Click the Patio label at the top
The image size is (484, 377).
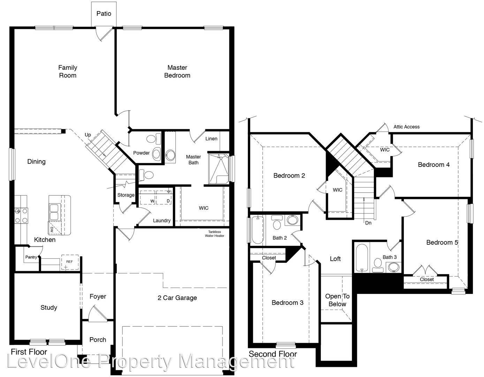[x=104, y=14]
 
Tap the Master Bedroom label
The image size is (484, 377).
[x=177, y=72]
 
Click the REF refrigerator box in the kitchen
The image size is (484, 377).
[x=70, y=262]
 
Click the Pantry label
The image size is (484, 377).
[x=31, y=257]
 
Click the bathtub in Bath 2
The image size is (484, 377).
[x=257, y=230]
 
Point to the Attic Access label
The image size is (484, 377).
[x=406, y=127]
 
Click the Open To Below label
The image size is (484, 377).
[x=337, y=300]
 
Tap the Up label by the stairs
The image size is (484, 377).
[x=88, y=135]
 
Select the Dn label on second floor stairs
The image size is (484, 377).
[x=368, y=223]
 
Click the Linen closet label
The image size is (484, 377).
[x=211, y=139]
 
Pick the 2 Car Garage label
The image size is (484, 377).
[x=177, y=298]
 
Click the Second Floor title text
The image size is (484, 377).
[x=273, y=354]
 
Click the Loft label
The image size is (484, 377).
[x=335, y=259]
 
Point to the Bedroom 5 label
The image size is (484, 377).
[x=442, y=242]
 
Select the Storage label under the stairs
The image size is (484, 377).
[x=126, y=195]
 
